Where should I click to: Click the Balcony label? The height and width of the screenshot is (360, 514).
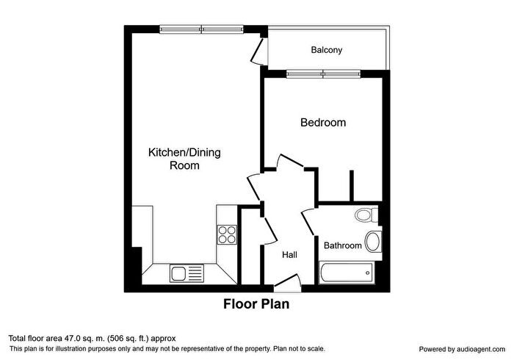coord(327,50)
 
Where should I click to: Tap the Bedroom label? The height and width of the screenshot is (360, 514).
coord(323,122)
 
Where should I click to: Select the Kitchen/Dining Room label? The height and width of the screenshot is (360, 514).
coord(184,159)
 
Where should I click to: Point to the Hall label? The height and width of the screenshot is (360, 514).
coord(290,255)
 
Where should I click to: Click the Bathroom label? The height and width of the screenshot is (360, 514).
coord(343,245)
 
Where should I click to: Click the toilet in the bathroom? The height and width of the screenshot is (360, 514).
coord(366,215)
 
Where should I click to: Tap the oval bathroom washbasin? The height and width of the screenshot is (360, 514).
coord(373,241)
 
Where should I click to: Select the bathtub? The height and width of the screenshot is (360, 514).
coord(346,273)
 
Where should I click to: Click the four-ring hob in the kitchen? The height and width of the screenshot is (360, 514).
coord(227,234)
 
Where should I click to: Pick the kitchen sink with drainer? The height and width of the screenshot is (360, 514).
coord(187,273)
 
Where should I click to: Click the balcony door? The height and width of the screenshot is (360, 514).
coord(258,51)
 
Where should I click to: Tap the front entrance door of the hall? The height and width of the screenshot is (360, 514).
coord(288,281)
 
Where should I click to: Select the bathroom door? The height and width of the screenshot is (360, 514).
coord(308,222)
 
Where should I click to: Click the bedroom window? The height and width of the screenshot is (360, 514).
coord(323,74)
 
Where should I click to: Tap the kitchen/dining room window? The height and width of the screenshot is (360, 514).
coord(202,29)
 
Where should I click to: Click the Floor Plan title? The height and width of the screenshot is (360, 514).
coord(256,304)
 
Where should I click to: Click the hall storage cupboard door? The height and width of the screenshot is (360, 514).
coord(269,231)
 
